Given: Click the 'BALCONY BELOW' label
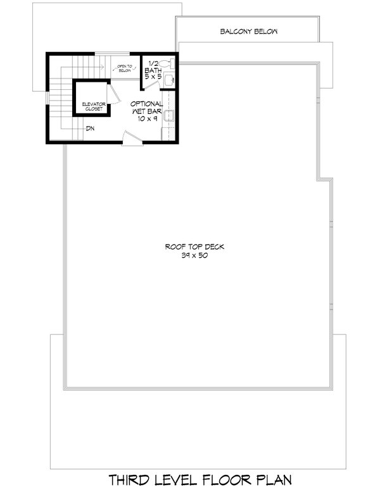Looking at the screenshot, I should [249, 31].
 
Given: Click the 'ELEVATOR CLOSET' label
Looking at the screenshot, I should [92, 106].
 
